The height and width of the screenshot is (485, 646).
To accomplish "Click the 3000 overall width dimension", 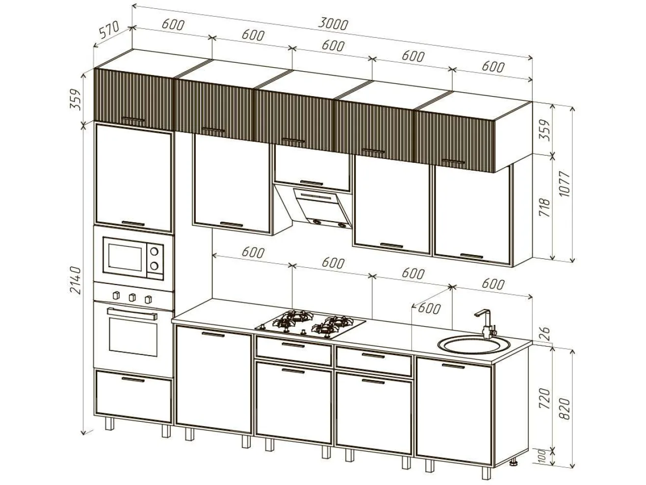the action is pos(333,25).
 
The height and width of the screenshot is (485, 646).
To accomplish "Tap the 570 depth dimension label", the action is pos(109,30).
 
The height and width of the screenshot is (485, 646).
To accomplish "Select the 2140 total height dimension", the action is pos(75,281).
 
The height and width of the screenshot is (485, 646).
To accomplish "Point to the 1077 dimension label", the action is pos(565,184).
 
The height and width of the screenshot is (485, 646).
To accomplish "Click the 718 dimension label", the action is pos(544,207).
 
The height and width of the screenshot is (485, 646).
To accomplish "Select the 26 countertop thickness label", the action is pos(545,333).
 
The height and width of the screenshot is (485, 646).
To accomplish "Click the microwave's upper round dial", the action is pos(154,252).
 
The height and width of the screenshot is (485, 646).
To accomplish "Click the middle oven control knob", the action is pos(132,297).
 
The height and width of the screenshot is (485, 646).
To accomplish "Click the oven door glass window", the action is pos(133,337).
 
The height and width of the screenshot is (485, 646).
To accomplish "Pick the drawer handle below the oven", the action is pos(133,380).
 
